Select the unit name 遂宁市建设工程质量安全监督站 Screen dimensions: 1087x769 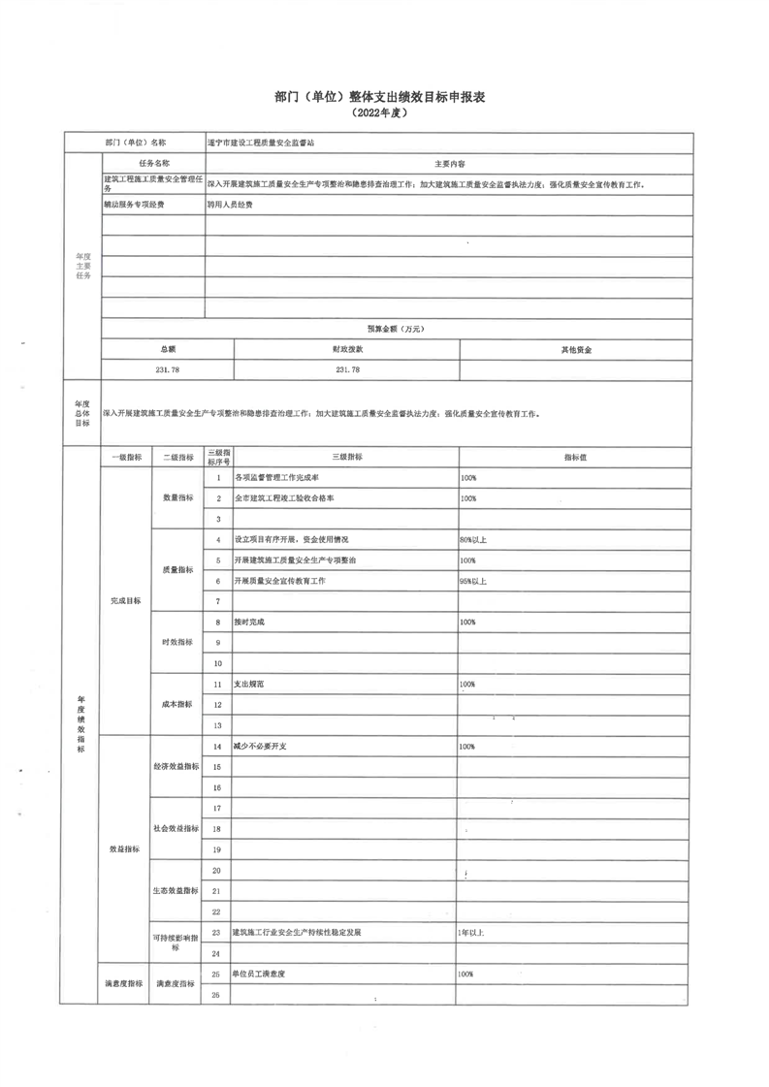(x=261, y=143)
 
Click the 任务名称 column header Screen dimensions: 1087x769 (x=154, y=163)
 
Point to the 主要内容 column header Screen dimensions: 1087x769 (x=449, y=163)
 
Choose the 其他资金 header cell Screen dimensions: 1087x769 (x=576, y=349)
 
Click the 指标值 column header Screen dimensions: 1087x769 (x=576, y=457)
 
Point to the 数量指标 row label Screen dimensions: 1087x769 (x=177, y=497)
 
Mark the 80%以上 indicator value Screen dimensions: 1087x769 (x=473, y=540)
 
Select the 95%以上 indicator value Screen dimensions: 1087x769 (x=473, y=581)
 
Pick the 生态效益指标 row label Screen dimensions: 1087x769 (x=176, y=890)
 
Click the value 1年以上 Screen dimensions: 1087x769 (x=470, y=932)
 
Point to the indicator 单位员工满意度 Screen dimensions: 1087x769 (x=263, y=973)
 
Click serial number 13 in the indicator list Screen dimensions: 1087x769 (x=218, y=725)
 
